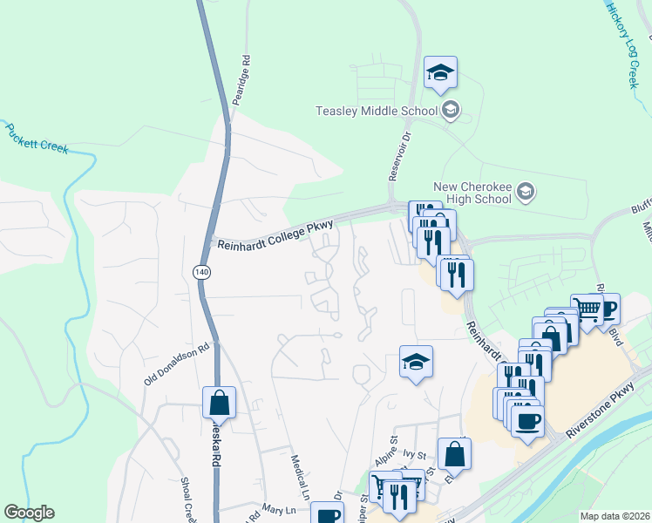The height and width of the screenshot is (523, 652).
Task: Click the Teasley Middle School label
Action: tap(379, 111)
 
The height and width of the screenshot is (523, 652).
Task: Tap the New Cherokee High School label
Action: tap(472, 193)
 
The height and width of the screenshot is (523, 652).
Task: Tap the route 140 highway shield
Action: tap(202, 272)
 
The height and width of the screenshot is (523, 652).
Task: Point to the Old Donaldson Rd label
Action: tap(178, 365)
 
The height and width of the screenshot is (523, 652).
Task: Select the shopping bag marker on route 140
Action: tap(219, 403)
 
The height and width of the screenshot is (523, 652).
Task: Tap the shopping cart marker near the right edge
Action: tap(587, 308)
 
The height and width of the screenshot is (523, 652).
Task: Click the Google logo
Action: tap(29, 513)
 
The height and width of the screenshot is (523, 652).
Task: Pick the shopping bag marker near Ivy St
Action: tap(454, 453)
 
